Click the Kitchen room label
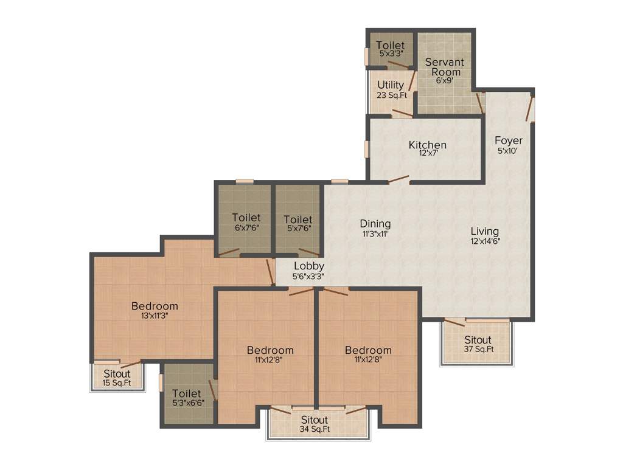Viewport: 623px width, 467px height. point(427,145)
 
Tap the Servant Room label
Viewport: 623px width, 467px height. point(444,67)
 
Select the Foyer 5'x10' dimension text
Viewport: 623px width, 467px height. point(508,151)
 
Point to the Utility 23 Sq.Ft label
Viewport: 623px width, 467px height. point(391,89)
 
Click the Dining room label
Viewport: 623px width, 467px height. point(375,224)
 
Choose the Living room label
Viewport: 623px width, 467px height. point(484,231)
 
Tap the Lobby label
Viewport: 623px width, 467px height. point(308,266)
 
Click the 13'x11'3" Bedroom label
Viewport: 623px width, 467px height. point(155,306)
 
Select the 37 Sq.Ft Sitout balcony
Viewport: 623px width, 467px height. point(478,344)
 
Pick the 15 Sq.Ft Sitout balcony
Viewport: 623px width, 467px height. point(116,378)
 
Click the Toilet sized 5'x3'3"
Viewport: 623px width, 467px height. point(390,49)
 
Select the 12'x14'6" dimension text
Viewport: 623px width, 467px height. point(484,240)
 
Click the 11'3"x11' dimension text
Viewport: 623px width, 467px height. point(375,233)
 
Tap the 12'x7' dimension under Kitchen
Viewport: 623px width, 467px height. point(427,153)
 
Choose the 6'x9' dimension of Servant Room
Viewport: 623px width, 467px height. point(444,80)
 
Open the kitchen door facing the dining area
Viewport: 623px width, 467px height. point(399,179)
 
